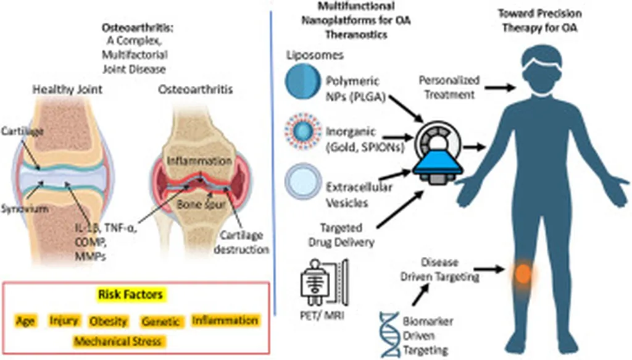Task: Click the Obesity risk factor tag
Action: coord(108,321)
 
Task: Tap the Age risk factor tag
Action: coord(26,321)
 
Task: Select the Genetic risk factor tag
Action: coord(160,322)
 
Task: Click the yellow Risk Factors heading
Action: coord(130,295)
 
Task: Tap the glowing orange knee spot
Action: coord(523,273)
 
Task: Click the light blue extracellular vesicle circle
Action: coord(302,183)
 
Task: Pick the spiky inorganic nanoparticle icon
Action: coord(302,133)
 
